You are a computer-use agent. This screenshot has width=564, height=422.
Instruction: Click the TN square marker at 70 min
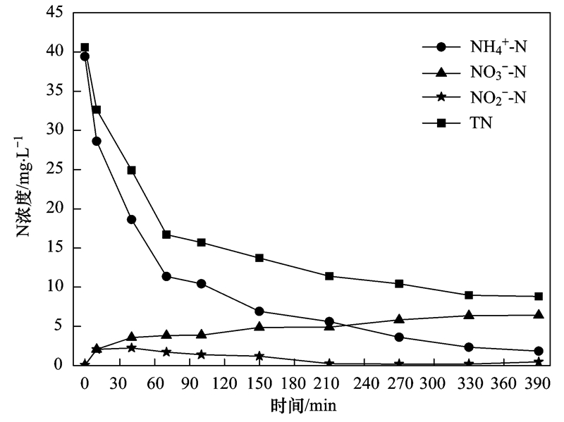click(x=166, y=234)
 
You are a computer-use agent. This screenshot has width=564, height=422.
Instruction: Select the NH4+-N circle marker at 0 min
click(x=85, y=56)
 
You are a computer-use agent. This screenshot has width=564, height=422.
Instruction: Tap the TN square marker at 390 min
click(x=539, y=297)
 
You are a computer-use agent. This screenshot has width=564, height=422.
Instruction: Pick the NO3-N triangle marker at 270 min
click(x=400, y=319)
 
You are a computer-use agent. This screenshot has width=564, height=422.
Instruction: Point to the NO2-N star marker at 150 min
click(x=259, y=356)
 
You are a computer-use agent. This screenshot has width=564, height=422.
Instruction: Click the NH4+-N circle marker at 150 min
click(x=259, y=311)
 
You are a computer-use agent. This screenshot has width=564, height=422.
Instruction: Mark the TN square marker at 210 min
click(x=329, y=275)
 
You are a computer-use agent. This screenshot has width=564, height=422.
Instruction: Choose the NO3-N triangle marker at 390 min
click(x=539, y=314)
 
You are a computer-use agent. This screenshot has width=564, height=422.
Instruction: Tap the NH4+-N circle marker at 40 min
click(x=131, y=219)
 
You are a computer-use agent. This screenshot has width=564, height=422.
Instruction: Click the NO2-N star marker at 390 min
click(x=539, y=361)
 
